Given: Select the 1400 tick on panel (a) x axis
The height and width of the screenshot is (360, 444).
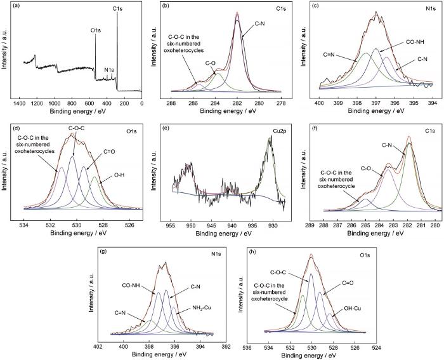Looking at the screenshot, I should (x=19, y=103).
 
